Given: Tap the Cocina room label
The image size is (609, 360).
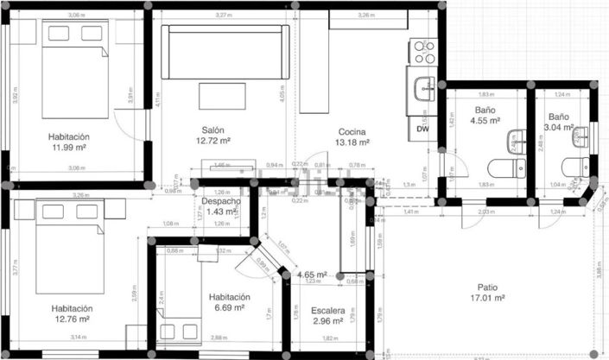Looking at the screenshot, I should (x=352, y=132).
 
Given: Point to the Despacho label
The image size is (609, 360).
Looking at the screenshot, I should (x=221, y=201).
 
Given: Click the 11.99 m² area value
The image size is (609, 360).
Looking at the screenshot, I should (x=69, y=148).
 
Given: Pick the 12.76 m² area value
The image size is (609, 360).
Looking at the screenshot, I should (x=71, y=319).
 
